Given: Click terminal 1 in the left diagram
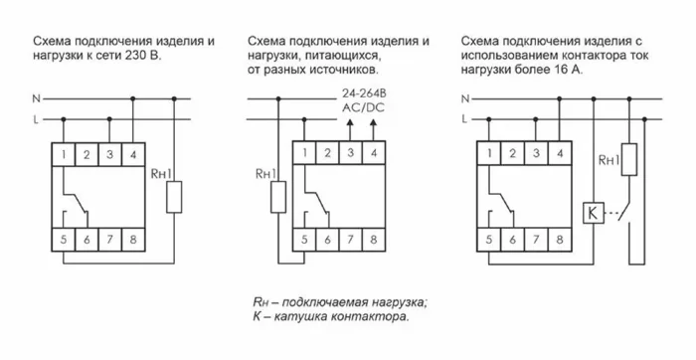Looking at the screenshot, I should [65, 154].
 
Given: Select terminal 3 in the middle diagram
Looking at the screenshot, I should [350, 154].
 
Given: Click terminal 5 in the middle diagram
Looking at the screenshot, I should [304, 240].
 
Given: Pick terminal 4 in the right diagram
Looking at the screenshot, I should [557, 154].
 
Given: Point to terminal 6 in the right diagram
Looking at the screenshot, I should [511, 240].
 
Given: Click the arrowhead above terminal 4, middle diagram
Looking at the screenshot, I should [373, 124].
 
